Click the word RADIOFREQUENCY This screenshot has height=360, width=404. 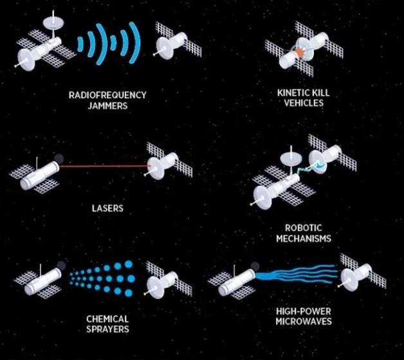107,95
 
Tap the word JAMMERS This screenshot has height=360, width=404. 107,105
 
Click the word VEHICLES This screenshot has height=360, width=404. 304,103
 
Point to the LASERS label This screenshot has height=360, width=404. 107,208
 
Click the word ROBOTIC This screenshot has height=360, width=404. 304,228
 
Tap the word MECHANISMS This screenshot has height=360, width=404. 304,239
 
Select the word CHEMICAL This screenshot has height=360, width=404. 107,319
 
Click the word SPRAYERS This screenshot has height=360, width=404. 107,329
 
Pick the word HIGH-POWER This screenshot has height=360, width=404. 304,311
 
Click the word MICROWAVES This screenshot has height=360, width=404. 304,321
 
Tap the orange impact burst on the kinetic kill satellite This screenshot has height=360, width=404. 299,52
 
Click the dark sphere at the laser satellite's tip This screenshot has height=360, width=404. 59,158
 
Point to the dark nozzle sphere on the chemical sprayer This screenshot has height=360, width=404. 61,265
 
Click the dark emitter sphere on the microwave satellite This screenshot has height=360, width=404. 255,267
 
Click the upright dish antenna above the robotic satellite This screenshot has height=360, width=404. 291,158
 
